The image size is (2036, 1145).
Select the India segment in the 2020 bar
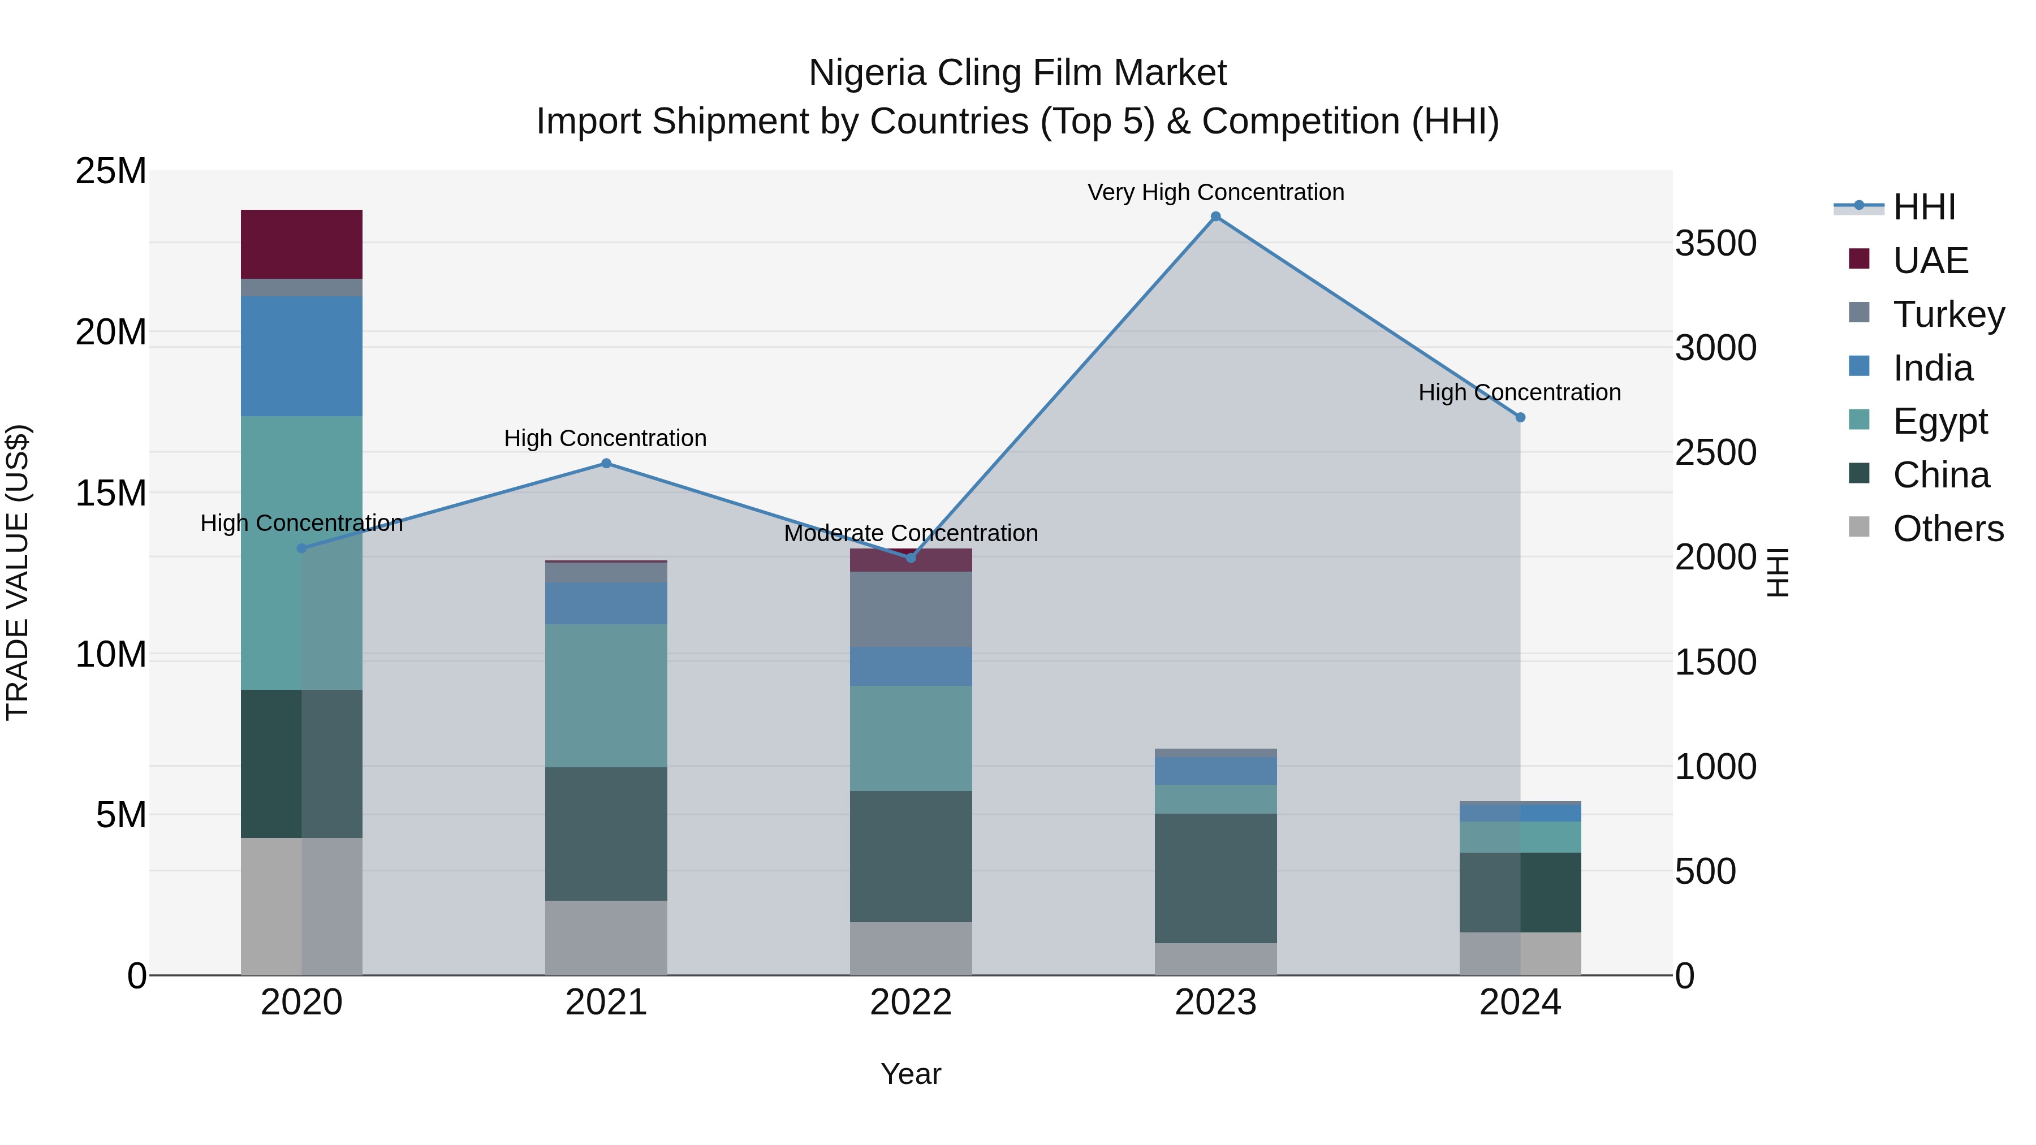point(301,356)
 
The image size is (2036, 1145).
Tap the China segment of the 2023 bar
point(1215,878)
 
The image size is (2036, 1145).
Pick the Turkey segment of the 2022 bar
point(911,608)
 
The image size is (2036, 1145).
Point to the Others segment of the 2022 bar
point(911,948)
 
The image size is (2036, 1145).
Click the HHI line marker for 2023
point(1215,217)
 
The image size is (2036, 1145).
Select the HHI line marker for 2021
point(606,463)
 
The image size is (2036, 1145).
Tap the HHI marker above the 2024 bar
point(1520,417)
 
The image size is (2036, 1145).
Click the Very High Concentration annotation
point(1215,192)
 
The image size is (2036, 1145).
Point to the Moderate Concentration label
point(911,533)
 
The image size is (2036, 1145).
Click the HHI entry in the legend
point(1924,207)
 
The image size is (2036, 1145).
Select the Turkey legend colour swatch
point(1859,312)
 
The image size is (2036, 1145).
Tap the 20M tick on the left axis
point(111,332)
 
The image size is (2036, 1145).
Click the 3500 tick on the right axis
point(1715,243)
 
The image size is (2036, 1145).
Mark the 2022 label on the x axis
point(911,1002)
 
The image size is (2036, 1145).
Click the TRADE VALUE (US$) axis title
point(18,572)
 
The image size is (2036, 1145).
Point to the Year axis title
point(911,1074)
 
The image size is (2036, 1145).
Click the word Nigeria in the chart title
point(867,73)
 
